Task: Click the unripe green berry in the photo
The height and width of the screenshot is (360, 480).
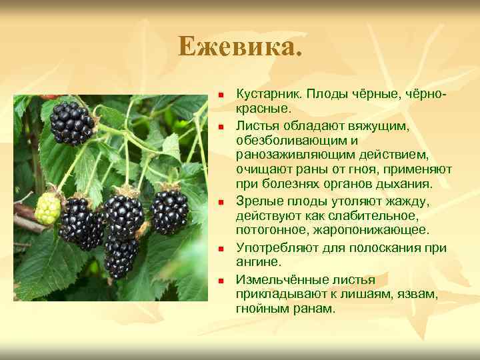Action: pyautogui.click(x=48, y=209)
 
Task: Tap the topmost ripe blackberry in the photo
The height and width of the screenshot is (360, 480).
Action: pyautogui.click(x=73, y=123)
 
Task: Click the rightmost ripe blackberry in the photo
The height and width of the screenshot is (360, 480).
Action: pyautogui.click(x=171, y=211)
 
